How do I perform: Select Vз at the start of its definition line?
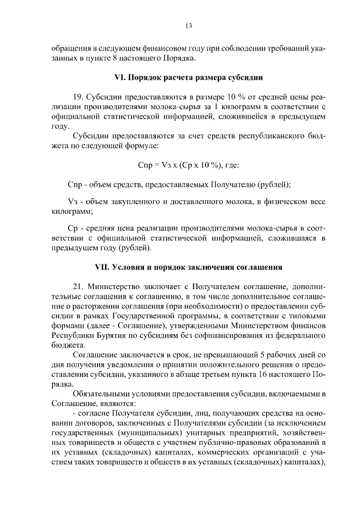(71, 202)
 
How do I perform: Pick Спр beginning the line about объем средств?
(75, 184)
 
